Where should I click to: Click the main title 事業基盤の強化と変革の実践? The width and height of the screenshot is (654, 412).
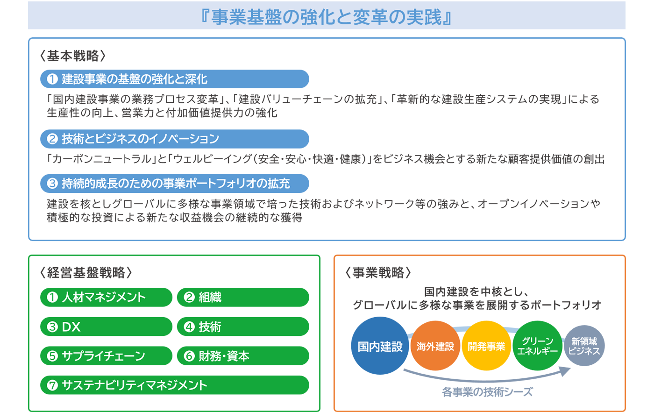tap(327, 17)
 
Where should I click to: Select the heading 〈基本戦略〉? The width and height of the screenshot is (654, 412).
tap(73, 56)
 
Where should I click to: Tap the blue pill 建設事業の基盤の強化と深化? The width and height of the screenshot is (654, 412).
tap(175, 79)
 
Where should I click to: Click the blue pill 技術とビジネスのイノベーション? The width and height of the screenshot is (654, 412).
tap(175, 139)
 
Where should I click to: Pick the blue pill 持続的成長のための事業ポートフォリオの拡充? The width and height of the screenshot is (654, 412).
tap(175, 184)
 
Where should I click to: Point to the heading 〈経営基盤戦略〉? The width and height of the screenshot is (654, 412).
tap(86, 272)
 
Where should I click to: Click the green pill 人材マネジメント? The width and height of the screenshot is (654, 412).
tap(107, 297)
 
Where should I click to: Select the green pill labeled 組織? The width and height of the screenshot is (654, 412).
tap(243, 297)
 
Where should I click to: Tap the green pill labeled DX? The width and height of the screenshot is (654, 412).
tap(107, 327)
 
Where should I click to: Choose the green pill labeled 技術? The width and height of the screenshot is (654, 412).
tap(243, 327)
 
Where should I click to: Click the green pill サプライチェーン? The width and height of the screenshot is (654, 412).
tap(107, 355)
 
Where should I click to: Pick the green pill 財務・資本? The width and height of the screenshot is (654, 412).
tap(243, 355)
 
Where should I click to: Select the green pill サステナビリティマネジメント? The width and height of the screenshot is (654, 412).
tap(175, 385)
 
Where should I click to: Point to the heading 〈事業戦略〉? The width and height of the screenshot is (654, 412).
tap(378, 272)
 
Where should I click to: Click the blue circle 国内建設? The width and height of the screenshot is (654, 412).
tap(380, 346)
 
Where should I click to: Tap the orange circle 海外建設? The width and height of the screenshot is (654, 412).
tap(435, 346)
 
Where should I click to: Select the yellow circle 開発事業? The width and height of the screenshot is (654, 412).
tap(486, 346)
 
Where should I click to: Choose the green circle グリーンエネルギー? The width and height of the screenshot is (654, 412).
tap(538, 346)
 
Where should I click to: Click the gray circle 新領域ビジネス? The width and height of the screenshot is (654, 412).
tap(584, 346)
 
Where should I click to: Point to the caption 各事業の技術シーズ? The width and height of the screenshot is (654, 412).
tap(487, 392)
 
